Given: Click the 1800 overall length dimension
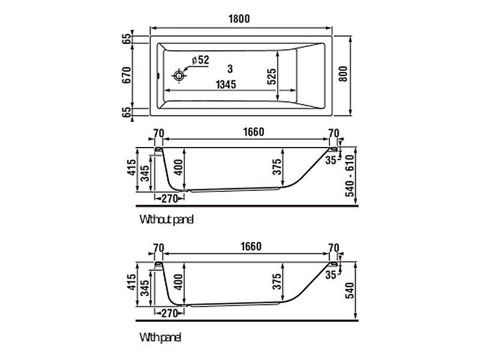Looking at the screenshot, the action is (239, 19).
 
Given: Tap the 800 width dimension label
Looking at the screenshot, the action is (343, 74).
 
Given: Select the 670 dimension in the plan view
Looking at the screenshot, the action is (127, 75).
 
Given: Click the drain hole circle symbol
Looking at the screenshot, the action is (178, 75).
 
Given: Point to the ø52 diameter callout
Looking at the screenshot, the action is (200, 59).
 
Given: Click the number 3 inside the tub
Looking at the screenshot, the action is (230, 69).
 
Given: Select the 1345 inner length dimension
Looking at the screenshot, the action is (226, 84).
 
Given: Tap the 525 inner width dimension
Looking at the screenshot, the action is (271, 76).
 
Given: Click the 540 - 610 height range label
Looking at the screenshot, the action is (349, 175).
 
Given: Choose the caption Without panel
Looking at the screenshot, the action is (166, 220).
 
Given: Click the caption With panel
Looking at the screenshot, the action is (160, 337).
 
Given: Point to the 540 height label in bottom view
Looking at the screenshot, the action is (349, 290).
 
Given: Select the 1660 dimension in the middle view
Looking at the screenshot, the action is (254, 132).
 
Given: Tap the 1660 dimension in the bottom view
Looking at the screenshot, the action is (251, 247).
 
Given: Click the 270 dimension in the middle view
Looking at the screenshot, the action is (170, 199).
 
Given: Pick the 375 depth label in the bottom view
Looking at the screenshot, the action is (277, 281).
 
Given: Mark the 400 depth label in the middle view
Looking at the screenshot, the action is (179, 167).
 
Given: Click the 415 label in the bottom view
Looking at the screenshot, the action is (131, 282).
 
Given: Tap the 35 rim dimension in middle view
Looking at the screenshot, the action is (331, 160).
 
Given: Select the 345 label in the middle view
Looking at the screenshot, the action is (145, 173).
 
